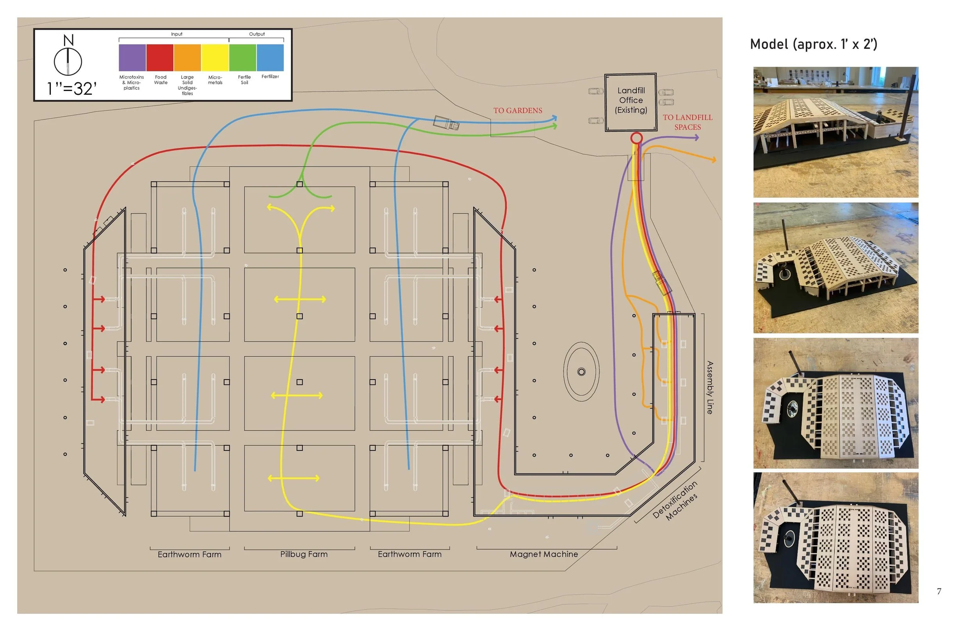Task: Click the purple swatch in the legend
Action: pos(132,57)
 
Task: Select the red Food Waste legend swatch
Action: pos(160,57)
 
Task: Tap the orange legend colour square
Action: pos(187,57)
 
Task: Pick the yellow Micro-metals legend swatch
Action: pos(215,57)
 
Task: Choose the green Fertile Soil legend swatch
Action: pos(242,57)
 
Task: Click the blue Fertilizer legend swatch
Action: pos(270,57)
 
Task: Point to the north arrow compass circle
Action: pos(68,62)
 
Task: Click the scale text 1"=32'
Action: pos(72,89)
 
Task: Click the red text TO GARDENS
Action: pos(518,111)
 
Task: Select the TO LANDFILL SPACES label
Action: pos(688,122)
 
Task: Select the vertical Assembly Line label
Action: pos(710,387)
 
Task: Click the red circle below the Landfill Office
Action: pos(636,138)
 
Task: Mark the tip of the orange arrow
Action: pos(716,160)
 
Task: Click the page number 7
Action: pos(939,591)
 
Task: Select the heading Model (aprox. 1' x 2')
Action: pos(814,44)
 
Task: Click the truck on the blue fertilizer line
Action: pos(446,122)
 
